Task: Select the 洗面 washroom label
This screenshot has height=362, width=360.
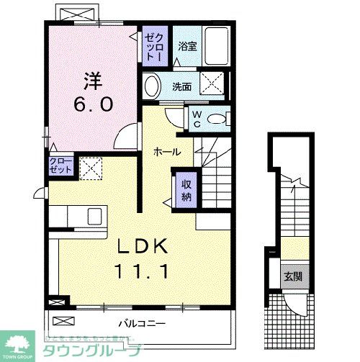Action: click(181, 87)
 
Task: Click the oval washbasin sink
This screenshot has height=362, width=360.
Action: click(152, 87)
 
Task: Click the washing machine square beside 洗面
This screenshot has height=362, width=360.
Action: click(213, 84)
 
